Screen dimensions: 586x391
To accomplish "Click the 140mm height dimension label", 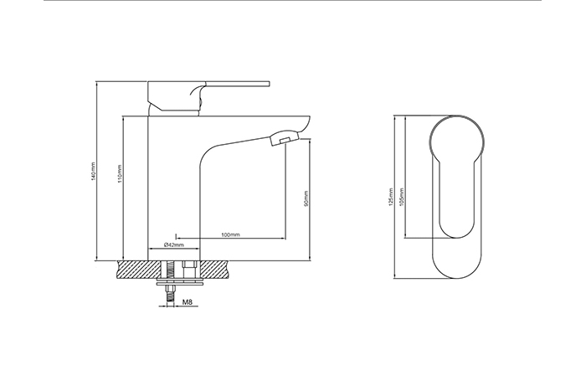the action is (x=94, y=171).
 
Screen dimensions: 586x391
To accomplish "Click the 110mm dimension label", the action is (x=120, y=174).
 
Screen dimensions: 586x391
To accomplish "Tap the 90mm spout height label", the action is (x=306, y=198).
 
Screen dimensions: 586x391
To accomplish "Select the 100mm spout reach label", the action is (x=230, y=234).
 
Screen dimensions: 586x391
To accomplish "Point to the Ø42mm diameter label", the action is (x=174, y=244).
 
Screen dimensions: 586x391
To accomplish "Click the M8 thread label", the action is (x=188, y=301).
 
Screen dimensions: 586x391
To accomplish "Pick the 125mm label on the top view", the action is (x=391, y=197).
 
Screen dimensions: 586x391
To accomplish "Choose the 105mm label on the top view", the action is (x=402, y=197).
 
